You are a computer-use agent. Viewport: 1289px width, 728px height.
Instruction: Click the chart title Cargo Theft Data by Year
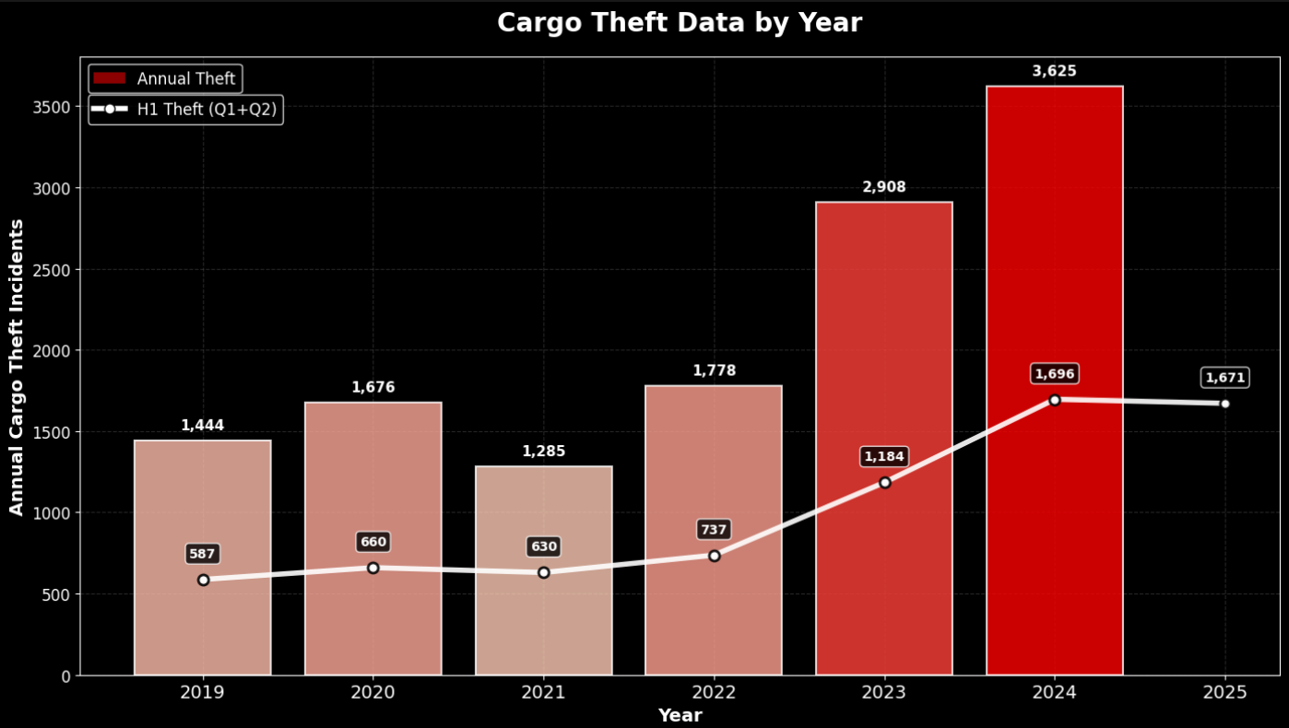coord(680,23)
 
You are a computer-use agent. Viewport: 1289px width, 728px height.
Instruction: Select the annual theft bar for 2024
coord(1055,276)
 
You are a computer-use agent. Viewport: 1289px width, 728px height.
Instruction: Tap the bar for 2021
coord(544,627)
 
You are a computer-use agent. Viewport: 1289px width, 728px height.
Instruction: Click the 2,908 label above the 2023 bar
coord(884,188)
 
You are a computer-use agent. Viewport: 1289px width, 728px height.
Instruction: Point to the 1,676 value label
coord(373,388)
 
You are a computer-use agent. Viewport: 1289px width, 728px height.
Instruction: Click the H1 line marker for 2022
coord(715,556)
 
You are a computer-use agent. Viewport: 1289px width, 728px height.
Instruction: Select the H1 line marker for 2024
coord(1055,400)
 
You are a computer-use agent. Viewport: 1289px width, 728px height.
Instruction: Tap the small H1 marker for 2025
coord(1225,404)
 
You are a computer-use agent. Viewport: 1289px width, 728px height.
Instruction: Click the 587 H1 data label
coord(202,554)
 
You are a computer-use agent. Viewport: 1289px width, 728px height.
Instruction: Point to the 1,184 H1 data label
coord(885,456)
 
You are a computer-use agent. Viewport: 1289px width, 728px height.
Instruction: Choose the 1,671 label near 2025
coord(1225,378)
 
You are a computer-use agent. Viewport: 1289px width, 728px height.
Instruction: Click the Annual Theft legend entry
coord(166,79)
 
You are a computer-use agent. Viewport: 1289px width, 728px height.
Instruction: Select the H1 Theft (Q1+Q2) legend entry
coord(185,110)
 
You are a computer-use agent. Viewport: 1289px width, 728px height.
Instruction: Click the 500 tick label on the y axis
coord(56,594)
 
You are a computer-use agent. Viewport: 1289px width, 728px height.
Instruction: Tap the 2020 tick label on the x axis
coord(373,692)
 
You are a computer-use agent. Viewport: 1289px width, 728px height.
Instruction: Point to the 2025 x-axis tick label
coord(1225,692)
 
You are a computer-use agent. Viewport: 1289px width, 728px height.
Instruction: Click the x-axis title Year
coord(680,715)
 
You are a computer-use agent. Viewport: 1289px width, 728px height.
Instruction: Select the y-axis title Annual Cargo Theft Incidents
coord(17,367)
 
